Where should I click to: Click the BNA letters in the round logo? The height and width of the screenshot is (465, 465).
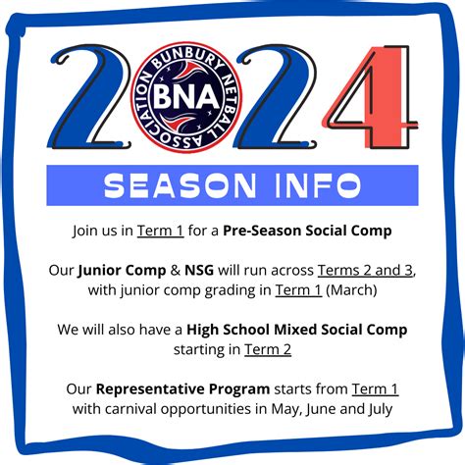[x=186, y=97]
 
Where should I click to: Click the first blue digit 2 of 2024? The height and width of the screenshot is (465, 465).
[x=90, y=97]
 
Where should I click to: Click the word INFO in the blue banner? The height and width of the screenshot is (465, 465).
[x=318, y=185]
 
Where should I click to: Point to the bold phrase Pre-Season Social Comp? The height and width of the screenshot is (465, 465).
[x=307, y=231]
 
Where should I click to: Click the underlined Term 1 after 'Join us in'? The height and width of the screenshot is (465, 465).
[x=160, y=231]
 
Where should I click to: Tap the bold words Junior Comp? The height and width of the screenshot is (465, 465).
[x=122, y=271]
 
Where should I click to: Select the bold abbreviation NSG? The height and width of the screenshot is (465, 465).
[x=199, y=271]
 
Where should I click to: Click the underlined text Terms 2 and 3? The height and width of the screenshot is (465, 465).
[x=365, y=271]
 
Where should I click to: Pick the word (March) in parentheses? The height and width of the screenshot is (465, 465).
[x=351, y=290]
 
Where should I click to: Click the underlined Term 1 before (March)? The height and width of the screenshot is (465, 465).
[x=298, y=290]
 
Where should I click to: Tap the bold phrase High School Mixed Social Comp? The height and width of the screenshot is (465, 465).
[x=297, y=330]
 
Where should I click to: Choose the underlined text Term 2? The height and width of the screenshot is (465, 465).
[x=268, y=349]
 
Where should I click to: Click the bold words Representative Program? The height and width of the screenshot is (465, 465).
[x=182, y=389]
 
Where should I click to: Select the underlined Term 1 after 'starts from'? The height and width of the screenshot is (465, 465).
[x=375, y=389]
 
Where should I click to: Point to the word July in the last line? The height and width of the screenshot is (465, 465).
[x=380, y=410]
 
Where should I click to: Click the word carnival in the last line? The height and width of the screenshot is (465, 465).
[x=130, y=409]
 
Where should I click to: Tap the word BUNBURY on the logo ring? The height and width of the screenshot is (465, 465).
[x=187, y=59]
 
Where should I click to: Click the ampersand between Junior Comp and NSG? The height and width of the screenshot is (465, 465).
[x=176, y=271]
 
